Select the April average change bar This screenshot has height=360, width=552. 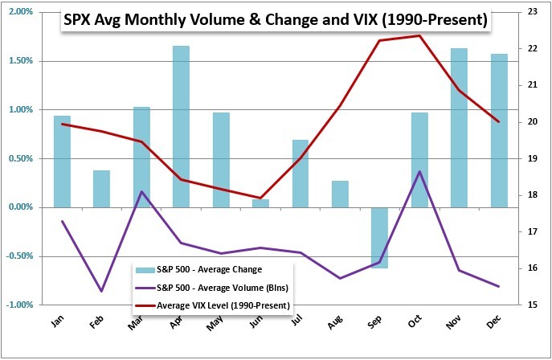tap(181, 126)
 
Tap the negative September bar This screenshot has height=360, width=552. tap(379, 238)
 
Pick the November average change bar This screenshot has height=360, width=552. tap(459, 128)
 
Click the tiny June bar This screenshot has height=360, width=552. tap(260, 203)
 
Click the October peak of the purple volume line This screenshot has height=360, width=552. tap(419, 171)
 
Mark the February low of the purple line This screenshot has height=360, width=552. tap(101, 291)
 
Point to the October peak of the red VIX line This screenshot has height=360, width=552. tap(419, 35)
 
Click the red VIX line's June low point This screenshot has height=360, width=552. tap(260, 198)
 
